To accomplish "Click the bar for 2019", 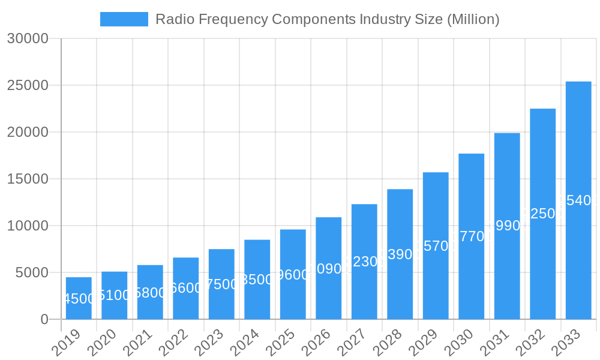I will tap(79, 298).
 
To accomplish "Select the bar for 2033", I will tap(578, 200).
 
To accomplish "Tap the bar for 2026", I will tap(328, 268).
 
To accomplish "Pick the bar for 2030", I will tap(471, 236).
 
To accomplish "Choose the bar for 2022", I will tap(185, 289).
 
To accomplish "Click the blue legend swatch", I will tap(124, 19).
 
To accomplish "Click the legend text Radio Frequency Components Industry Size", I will tap(327, 19).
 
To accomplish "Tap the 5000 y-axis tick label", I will tap(31, 272).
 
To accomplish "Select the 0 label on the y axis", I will tap(44, 319).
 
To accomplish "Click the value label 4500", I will tap(79, 299).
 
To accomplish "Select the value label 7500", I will tap(221, 284).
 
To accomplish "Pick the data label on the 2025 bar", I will tap(293, 275).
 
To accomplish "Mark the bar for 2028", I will tap(400, 254).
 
